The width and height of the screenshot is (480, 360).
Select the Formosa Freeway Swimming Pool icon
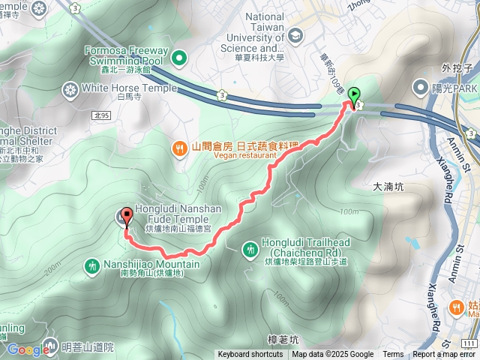click(x=179, y=57)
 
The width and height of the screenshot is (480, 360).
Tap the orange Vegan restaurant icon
click(x=179, y=148)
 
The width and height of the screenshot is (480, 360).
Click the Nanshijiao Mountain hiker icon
click(x=91, y=265)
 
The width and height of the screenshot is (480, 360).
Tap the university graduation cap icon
click(x=295, y=35)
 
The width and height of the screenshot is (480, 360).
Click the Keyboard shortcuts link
click(x=250, y=355)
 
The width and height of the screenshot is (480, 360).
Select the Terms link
click(x=393, y=355)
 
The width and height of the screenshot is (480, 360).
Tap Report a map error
click(x=445, y=355)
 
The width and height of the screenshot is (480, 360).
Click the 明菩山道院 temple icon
click(x=50, y=346)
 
